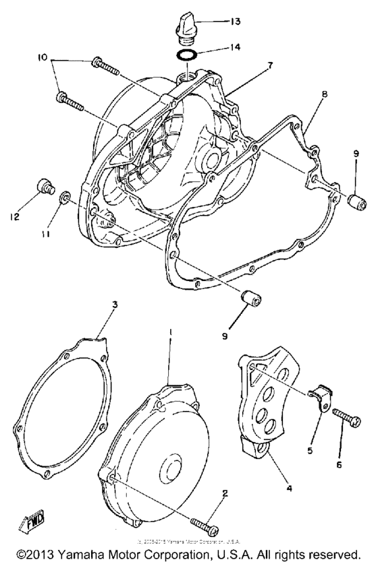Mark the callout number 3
coord(115,304)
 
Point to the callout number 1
coord(171,333)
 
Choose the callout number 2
coord(225,493)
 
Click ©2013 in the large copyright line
coord(40,555)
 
